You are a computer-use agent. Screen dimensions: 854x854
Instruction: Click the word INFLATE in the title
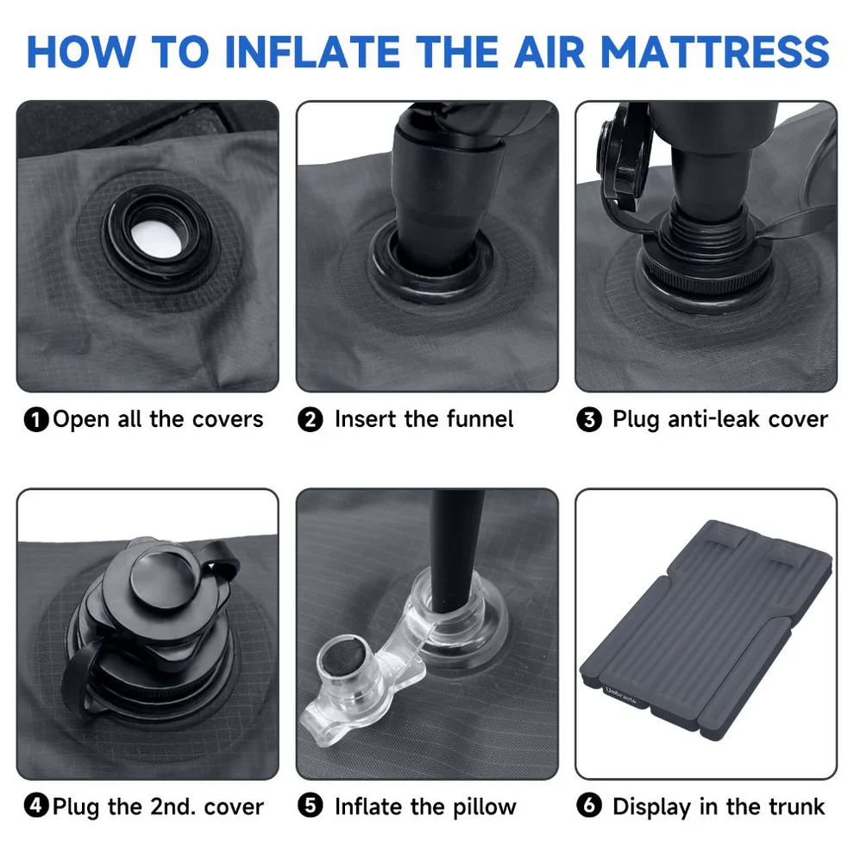(x=312, y=52)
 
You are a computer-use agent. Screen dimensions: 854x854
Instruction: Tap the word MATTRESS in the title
(x=715, y=52)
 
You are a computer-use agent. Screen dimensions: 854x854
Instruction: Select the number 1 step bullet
(x=36, y=420)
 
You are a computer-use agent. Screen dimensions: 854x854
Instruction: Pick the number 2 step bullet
(x=311, y=420)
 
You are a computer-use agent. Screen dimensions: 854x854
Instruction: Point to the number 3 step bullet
(x=589, y=420)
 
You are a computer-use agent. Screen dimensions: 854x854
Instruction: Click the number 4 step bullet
(x=36, y=805)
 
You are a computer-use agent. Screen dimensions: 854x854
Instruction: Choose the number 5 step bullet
(x=311, y=805)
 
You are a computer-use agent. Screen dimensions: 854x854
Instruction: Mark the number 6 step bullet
(x=589, y=805)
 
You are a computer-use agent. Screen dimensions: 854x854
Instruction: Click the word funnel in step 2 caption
(x=480, y=419)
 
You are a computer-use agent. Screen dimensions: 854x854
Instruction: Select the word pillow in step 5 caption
(x=484, y=807)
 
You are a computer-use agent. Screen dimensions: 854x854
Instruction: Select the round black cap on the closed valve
(x=163, y=579)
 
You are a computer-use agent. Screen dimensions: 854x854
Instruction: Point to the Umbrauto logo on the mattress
(x=620, y=695)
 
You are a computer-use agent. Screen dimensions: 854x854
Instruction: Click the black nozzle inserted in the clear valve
(x=455, y=550)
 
